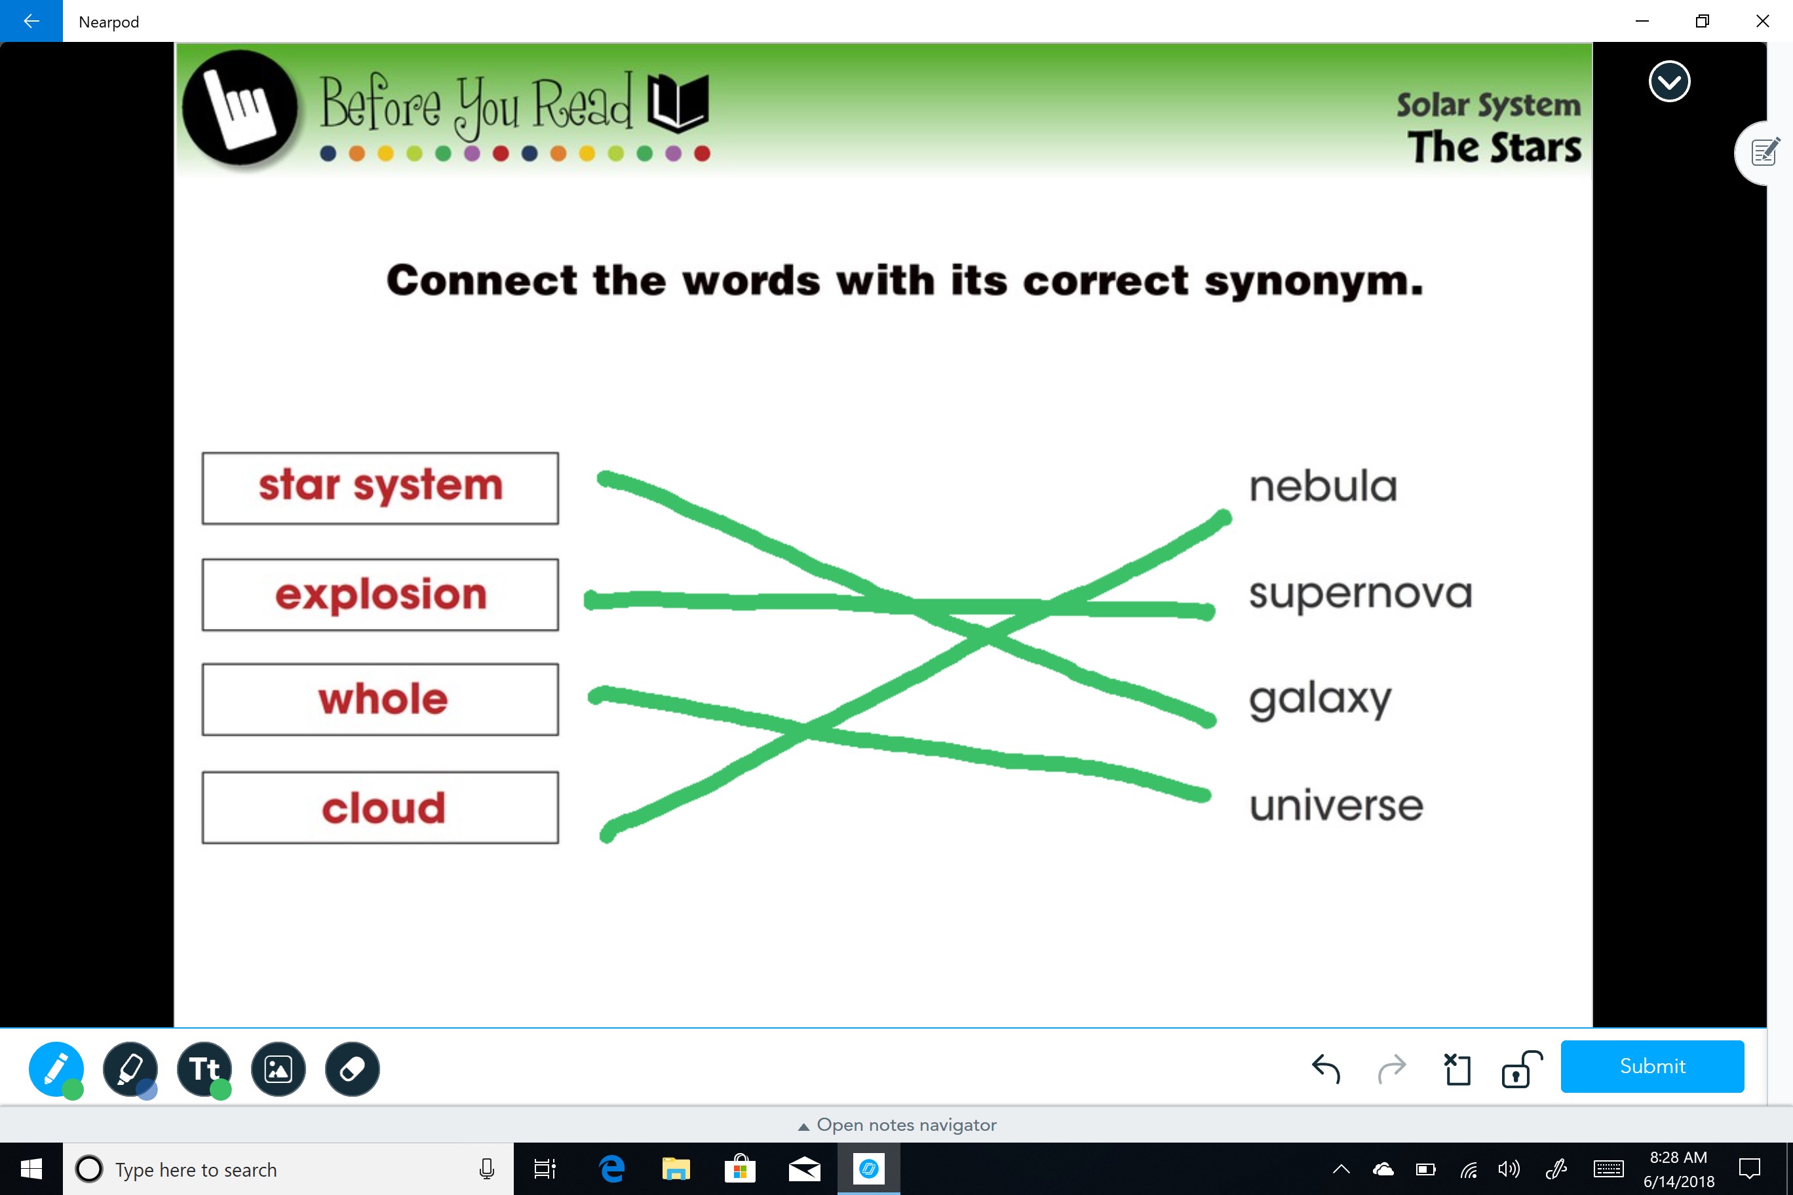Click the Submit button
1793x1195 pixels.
tap(1652, 1066)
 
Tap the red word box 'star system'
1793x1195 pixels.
tap(380, 487)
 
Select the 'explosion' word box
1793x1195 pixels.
tap(380, 594)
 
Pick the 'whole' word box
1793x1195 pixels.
tap(380, 700)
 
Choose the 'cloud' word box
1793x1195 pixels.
tap(380, 808)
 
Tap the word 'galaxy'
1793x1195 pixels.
tap(1321, 700)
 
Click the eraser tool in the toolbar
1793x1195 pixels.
tap(352, 1069)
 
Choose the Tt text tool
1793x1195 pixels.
tap(204, 1069)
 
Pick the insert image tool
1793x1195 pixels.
tap(279, 1069)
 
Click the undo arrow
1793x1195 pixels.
tap(1326, 1068)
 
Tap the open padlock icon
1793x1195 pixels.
tap(1522, 1069)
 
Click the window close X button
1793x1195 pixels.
tap(1762, 22)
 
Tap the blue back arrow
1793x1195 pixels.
tap(31, 20)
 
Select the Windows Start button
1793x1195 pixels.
tap(31, 1168)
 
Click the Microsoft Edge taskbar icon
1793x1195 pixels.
tap(612, 1168)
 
